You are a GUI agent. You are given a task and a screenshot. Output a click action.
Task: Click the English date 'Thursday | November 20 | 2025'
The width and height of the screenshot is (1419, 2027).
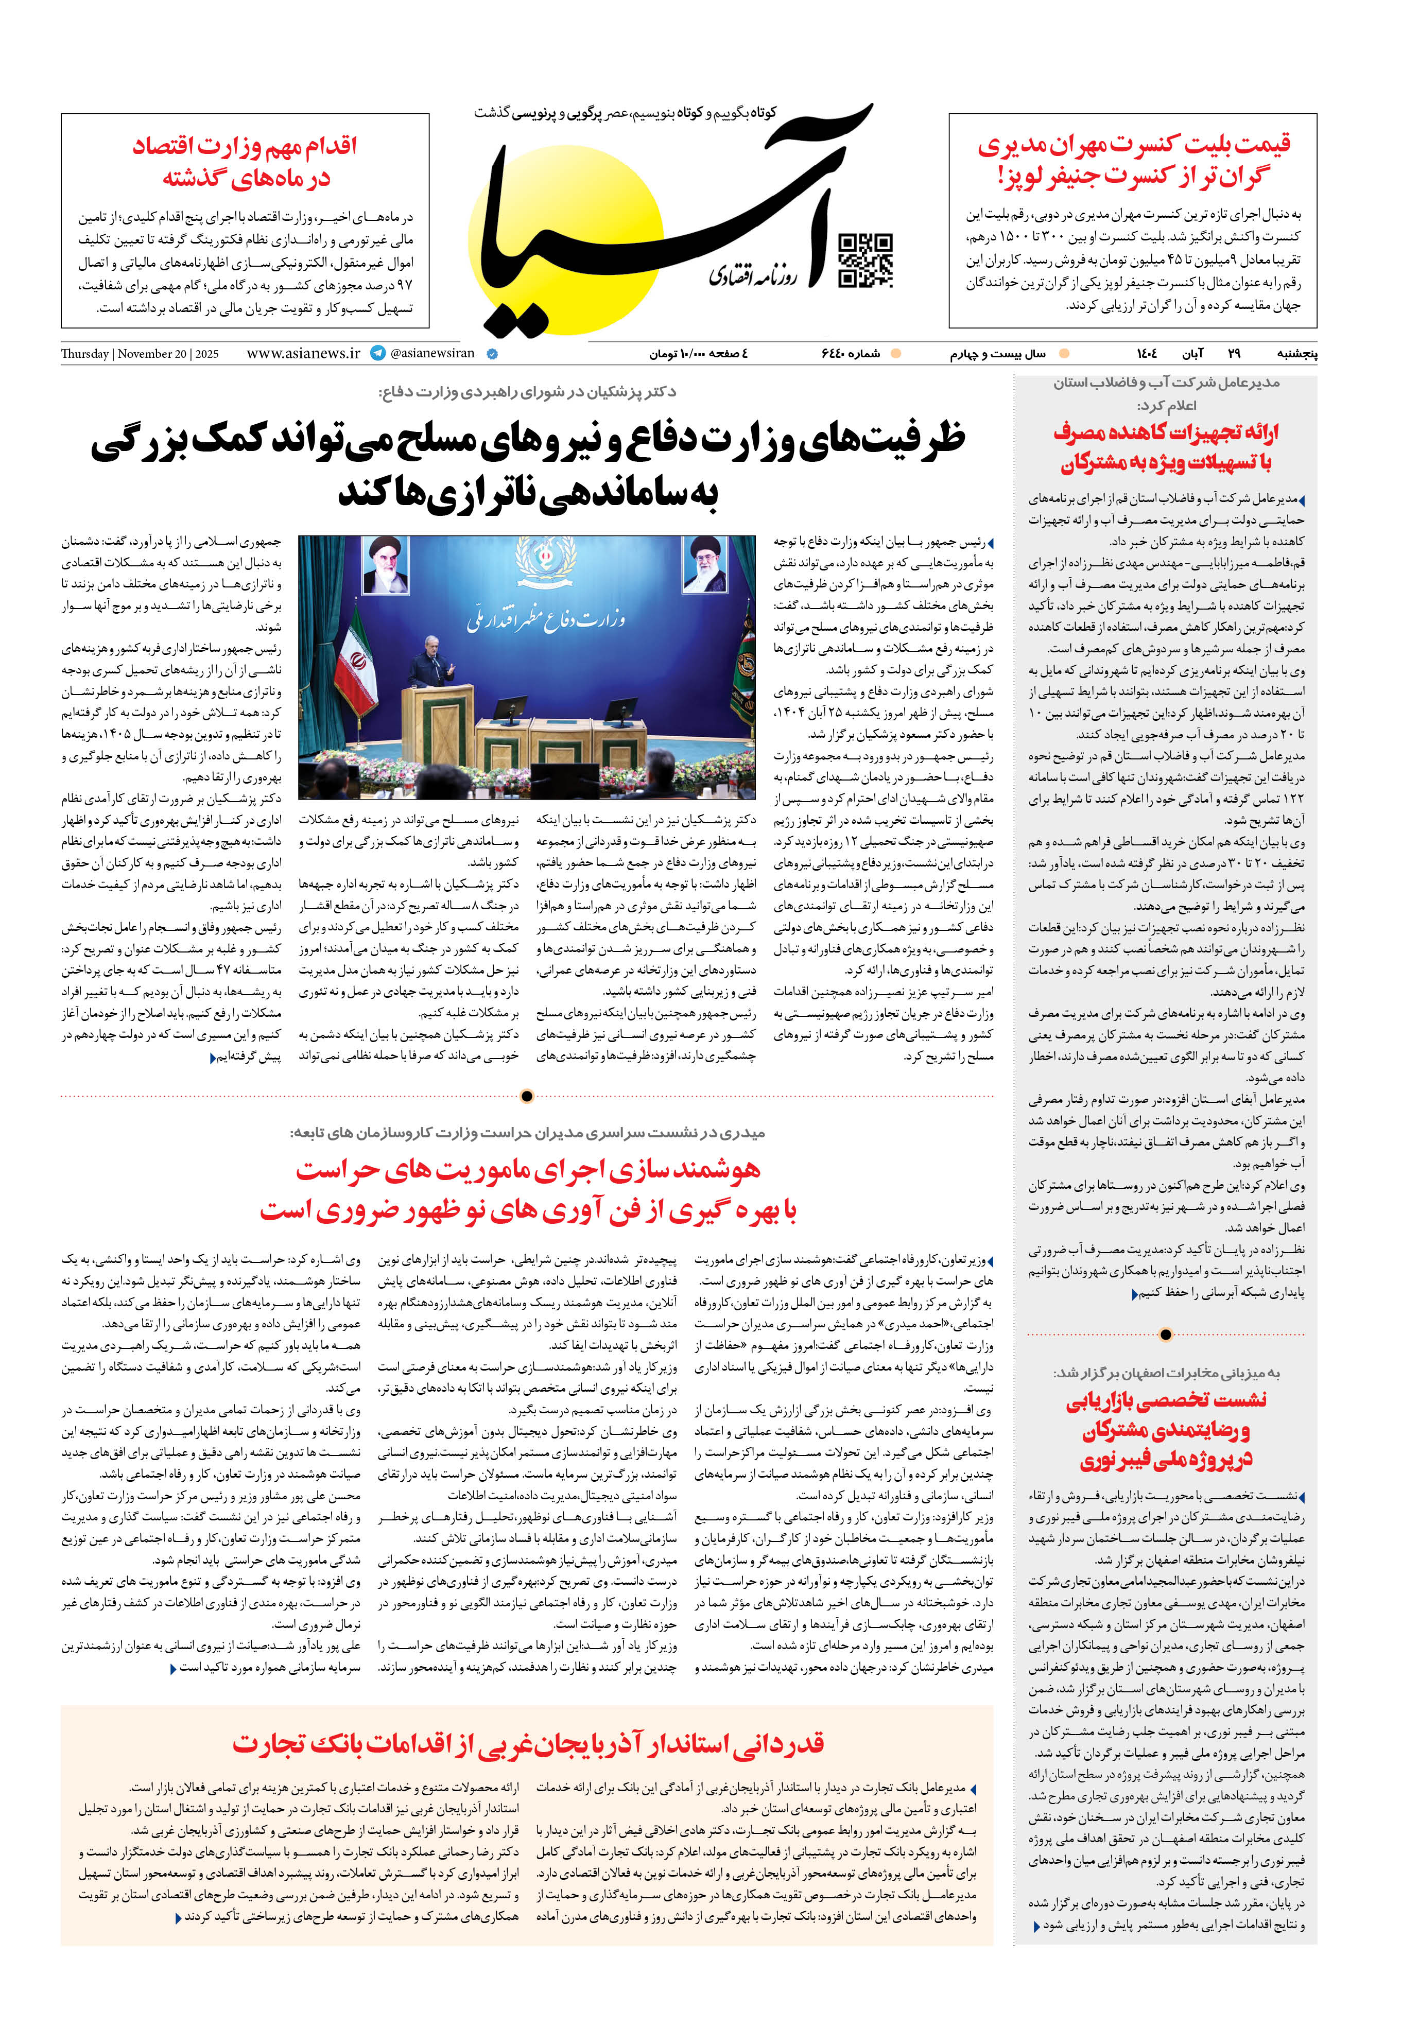coord(140,354)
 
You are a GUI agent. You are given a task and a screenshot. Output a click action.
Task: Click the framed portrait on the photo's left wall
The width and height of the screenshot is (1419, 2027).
coord(386,565)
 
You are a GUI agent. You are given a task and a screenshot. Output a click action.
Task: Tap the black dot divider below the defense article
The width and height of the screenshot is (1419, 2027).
coord(527,1097)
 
